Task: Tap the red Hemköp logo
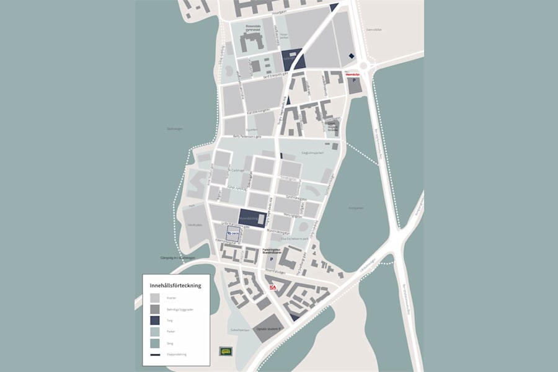(353, 75)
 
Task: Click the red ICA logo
(272, 288)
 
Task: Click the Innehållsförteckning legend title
(175, 285)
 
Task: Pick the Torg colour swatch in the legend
(154, 321)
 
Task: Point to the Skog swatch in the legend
(154, 343)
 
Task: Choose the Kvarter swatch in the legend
(154, 298)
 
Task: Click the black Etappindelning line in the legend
(154, 354)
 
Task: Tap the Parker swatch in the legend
(154, 332)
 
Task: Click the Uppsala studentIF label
(270, 327)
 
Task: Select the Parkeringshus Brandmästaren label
(272, 250)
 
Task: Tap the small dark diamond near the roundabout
(352, 56)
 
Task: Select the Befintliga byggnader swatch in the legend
(154, 309)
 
